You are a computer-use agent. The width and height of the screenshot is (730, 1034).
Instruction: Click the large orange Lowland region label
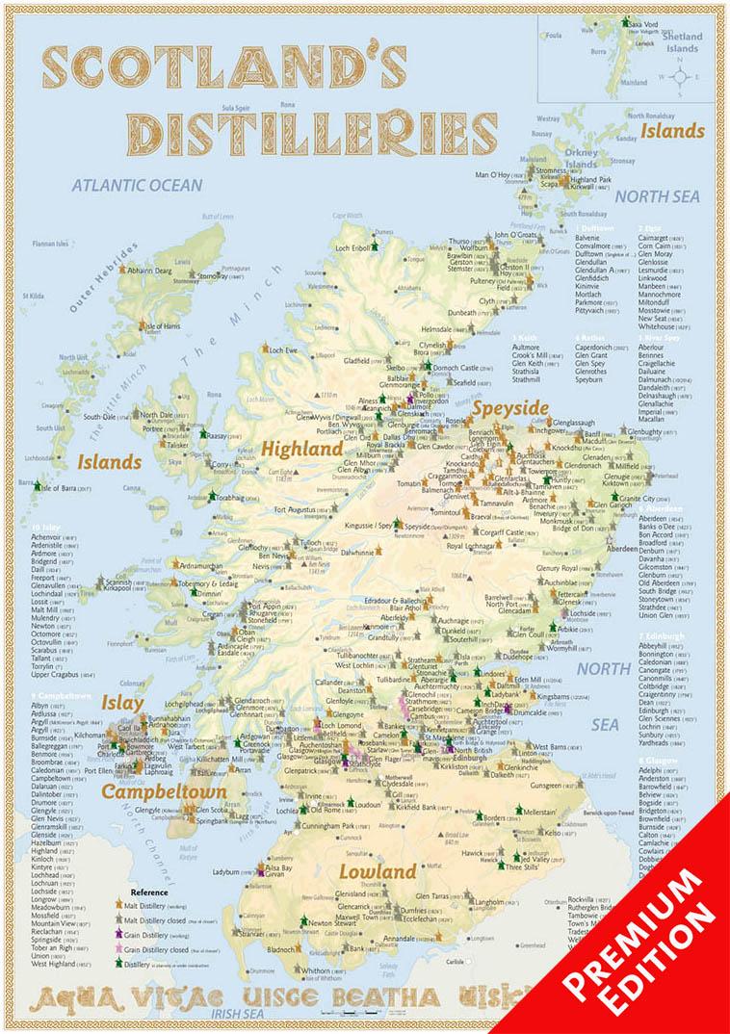click(378, 871)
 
